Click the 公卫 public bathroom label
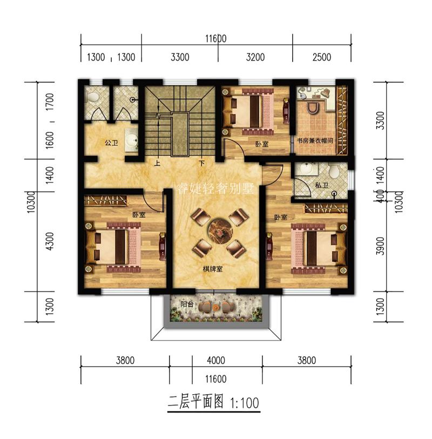[111, 143]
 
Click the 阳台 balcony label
[187, 304]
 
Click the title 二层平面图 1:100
[214, 402]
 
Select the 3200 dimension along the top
[254, 57]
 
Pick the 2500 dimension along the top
[322, 57]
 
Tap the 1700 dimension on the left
[50, 102]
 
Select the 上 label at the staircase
[157, 163]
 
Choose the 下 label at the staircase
[201, 163]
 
